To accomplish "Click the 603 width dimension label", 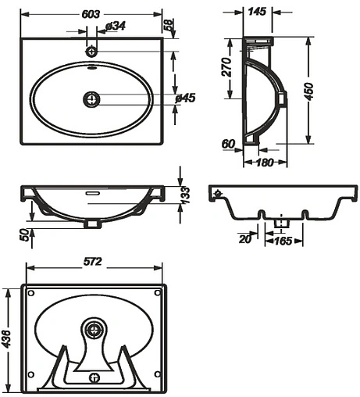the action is tap(91, 14).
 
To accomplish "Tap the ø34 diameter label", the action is tap(116, 26).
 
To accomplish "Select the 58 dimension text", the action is tap(169, 25).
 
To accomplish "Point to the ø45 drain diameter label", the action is tap(185, 98).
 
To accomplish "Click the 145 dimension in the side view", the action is tap(257, 12).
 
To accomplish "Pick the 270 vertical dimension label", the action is tap(226, 67).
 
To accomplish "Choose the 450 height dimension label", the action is tap(309, 91).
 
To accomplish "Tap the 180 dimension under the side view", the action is tap(265, 163).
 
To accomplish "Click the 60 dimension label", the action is tap(228, 144).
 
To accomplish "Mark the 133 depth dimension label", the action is tap(185, 195).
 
